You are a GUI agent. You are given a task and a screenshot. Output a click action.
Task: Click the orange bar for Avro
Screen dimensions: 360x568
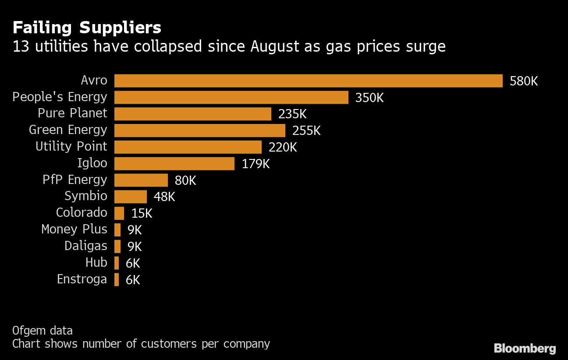(308, 81)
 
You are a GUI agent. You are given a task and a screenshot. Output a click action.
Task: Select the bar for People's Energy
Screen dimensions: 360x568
(231, 97)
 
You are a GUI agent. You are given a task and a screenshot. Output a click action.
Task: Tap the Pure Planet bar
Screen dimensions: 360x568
(192, 114)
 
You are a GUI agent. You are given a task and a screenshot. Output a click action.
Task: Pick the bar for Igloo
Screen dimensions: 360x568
(174, 164)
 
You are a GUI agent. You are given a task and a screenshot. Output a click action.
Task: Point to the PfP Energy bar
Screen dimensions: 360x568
(141, 180)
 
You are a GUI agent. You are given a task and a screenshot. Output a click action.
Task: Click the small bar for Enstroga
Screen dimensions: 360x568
(117, 279)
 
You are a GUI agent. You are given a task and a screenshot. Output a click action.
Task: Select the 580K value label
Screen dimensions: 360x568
(523, 81)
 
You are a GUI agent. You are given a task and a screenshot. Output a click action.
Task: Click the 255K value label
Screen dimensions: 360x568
(306, 131)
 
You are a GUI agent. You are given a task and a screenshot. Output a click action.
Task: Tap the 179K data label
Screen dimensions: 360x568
(256, 164)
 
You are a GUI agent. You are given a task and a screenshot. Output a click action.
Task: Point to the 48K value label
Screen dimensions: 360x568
(164, 197)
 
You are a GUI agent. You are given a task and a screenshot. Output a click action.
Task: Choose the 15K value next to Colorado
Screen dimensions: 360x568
(142, 213)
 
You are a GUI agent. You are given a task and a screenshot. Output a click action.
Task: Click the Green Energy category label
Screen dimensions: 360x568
(68, 130)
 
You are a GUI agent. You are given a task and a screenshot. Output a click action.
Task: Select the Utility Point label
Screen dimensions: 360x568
(71, 146)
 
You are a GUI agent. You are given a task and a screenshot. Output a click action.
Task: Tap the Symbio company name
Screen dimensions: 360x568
(85, 196)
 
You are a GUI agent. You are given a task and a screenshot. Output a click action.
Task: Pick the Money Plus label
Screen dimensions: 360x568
(74, 229)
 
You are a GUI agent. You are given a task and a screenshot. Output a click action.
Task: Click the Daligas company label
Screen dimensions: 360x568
(85, 246)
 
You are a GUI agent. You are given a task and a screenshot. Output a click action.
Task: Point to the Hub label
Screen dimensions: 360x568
(96, 262)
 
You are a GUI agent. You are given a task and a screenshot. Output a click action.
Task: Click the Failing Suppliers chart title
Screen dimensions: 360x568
(87, 28)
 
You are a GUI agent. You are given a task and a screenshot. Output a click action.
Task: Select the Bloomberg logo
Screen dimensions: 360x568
(525, 349)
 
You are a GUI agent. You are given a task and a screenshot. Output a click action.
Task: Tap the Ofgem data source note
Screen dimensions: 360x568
(43, 330)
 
